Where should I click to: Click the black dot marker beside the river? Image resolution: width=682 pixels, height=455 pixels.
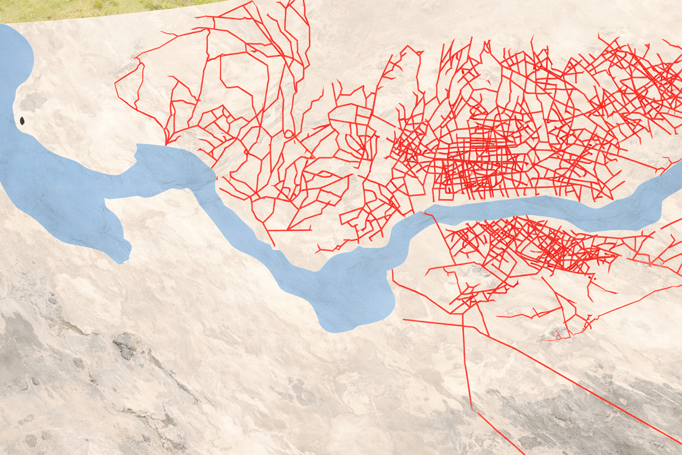click(22, 120)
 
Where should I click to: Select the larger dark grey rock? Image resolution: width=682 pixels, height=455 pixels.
click(124, 342)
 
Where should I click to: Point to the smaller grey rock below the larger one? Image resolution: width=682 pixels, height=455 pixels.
click(127, 354)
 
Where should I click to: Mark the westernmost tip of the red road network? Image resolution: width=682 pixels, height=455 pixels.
click(115, 83)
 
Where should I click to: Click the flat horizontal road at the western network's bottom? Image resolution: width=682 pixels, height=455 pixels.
click(289, 230)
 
